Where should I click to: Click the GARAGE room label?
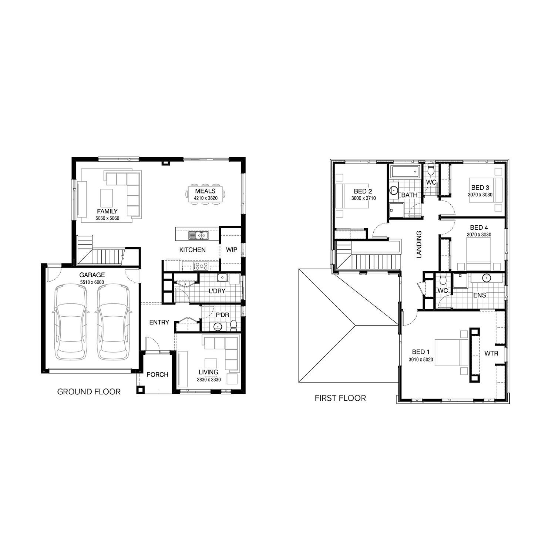92,275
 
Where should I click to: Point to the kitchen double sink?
199,235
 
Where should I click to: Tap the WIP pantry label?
232,250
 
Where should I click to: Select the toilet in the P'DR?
233,325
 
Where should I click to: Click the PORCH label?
157,374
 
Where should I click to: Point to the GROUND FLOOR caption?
89,391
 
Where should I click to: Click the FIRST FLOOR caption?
340,398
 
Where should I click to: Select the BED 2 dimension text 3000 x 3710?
363,198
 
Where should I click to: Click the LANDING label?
419,245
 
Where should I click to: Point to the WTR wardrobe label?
491,353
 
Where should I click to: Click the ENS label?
480,295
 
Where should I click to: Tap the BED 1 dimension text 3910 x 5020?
421,359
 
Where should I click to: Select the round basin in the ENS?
487,278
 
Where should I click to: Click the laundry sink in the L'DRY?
222,278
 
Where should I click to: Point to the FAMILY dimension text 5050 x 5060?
107,218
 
